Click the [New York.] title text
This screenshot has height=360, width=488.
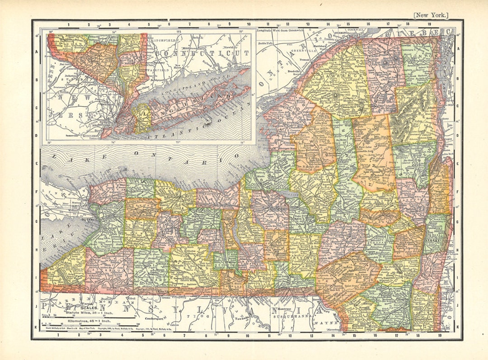coord(431,15)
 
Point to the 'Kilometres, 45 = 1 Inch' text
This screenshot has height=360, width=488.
coord(89,320)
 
